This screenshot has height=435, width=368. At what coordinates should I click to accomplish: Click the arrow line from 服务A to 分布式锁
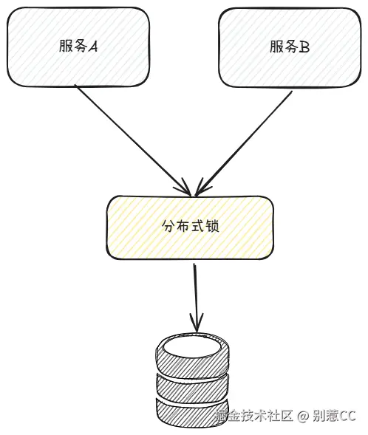click(x=126, y=133)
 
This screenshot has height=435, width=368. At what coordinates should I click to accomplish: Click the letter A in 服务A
click(x=93, y=47)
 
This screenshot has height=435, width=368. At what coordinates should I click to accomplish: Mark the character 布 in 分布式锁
click(x=183, y=226)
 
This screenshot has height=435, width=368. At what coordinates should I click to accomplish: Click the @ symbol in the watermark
click(x=303, y=417)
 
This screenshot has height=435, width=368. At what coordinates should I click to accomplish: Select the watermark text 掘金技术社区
click(x=254, y=417)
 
